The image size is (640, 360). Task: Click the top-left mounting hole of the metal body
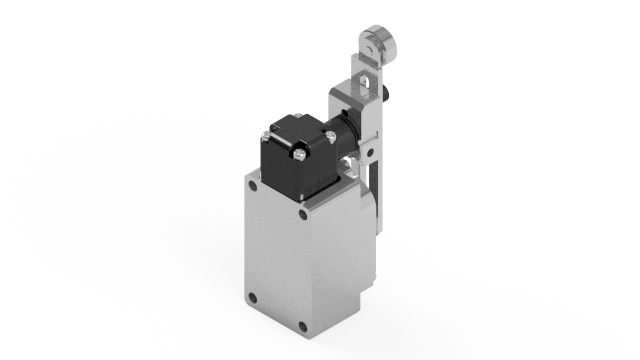[252, 186]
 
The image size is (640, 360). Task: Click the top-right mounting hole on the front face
[303, 213]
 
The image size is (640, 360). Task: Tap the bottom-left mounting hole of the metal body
[252, 297]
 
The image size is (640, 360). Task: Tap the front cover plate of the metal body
[277, 255]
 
